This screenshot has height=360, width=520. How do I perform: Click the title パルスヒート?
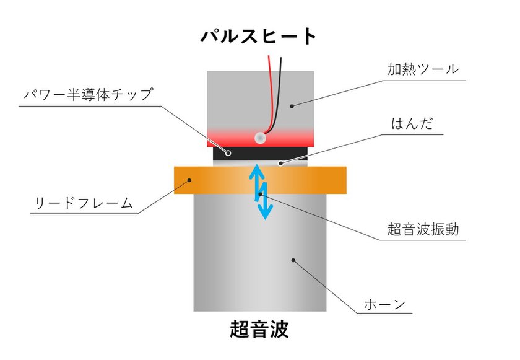[x=258, y=36]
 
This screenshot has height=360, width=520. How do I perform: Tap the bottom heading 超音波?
[x=259, y=329]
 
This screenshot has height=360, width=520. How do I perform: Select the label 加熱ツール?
[x=423, y=69]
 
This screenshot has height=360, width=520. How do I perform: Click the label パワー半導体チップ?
[x=89, y=95]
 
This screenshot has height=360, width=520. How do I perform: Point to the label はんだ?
[x=412, y=123]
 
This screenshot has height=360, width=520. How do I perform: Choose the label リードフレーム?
[x=84, y=203]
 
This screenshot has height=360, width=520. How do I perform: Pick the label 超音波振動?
[x=423, y=229]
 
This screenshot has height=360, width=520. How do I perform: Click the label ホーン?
[x=384, y=304]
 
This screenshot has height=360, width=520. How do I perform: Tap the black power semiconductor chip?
[x=260, y=154]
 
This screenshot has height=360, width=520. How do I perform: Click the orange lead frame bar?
[x=260, y=180]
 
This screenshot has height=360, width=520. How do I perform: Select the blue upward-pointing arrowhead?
[x=257, y=172]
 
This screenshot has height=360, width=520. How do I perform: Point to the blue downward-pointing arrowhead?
[x=265, y=211]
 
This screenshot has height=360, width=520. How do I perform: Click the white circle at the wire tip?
[x=260, y=138]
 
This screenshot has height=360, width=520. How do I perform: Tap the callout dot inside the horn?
[x=293, y=260]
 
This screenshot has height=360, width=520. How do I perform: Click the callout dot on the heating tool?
[x=292, y=106]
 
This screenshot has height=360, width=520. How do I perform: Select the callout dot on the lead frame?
[x=189, y=180]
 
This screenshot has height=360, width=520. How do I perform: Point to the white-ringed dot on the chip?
[x=228, y=153]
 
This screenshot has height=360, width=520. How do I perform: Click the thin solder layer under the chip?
[x=260, y=164]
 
